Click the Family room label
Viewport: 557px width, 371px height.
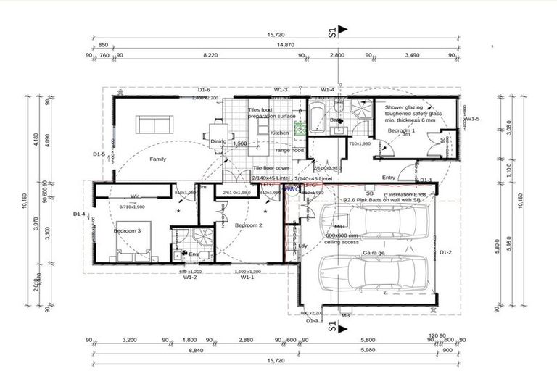158,158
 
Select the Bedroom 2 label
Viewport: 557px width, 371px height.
247,226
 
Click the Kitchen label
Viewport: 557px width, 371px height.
280,133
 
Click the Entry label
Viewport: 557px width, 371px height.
389,177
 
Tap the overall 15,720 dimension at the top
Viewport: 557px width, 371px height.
273,34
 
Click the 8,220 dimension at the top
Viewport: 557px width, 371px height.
210,55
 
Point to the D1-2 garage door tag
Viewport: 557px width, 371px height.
445,252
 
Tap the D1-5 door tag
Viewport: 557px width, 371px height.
99,154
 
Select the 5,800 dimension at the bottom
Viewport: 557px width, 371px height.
367,338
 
